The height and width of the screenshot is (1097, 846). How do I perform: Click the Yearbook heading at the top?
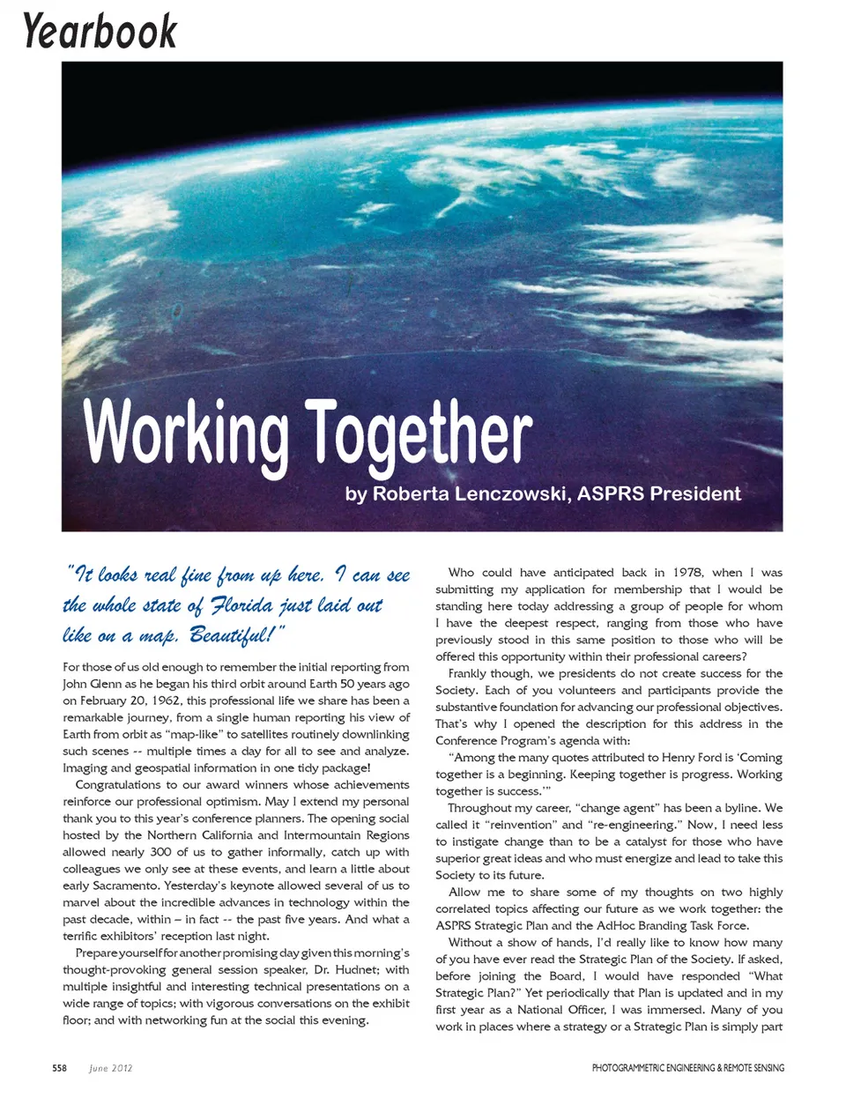(x=100, y=31)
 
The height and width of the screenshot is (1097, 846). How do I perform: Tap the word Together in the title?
(x=419, y=433)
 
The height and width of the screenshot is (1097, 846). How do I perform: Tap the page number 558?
(x=59, y=1068)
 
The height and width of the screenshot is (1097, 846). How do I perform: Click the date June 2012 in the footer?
(x=111, y=1068)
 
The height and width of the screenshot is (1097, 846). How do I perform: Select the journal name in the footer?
(x=687, y=1068)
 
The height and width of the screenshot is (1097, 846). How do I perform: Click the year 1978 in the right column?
(x=687, y=573)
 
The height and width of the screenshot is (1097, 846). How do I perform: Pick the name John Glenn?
(x=91, y=685)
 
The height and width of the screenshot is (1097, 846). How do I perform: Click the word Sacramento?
(x=120, y=886)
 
